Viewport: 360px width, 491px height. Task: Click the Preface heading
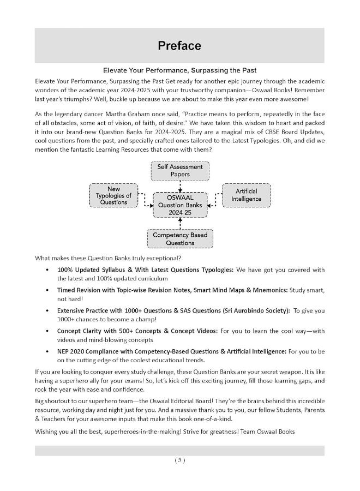tap(179, 46)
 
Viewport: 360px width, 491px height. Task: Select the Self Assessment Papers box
tap(179, 171)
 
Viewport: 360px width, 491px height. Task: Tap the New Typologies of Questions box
tap(113, 195)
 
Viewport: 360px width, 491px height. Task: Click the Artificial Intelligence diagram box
tap(246, 195)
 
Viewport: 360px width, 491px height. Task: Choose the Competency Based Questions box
tap(180, 239)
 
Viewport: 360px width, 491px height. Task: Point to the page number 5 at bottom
tap(180, 460)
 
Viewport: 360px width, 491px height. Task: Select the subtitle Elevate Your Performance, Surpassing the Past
tap(180, 70)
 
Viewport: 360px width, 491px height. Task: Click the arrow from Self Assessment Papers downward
tap(180, 185)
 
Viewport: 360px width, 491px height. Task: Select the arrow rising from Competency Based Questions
tap(180, 223)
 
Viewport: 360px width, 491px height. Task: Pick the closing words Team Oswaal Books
tap(269, 432)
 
